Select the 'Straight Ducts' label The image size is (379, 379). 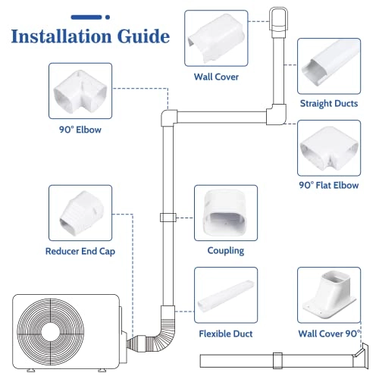[330, 103]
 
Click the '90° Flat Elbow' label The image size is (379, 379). [330, 183]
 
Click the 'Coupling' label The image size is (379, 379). [225, 250]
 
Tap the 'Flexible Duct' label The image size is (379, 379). [225, 334]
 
